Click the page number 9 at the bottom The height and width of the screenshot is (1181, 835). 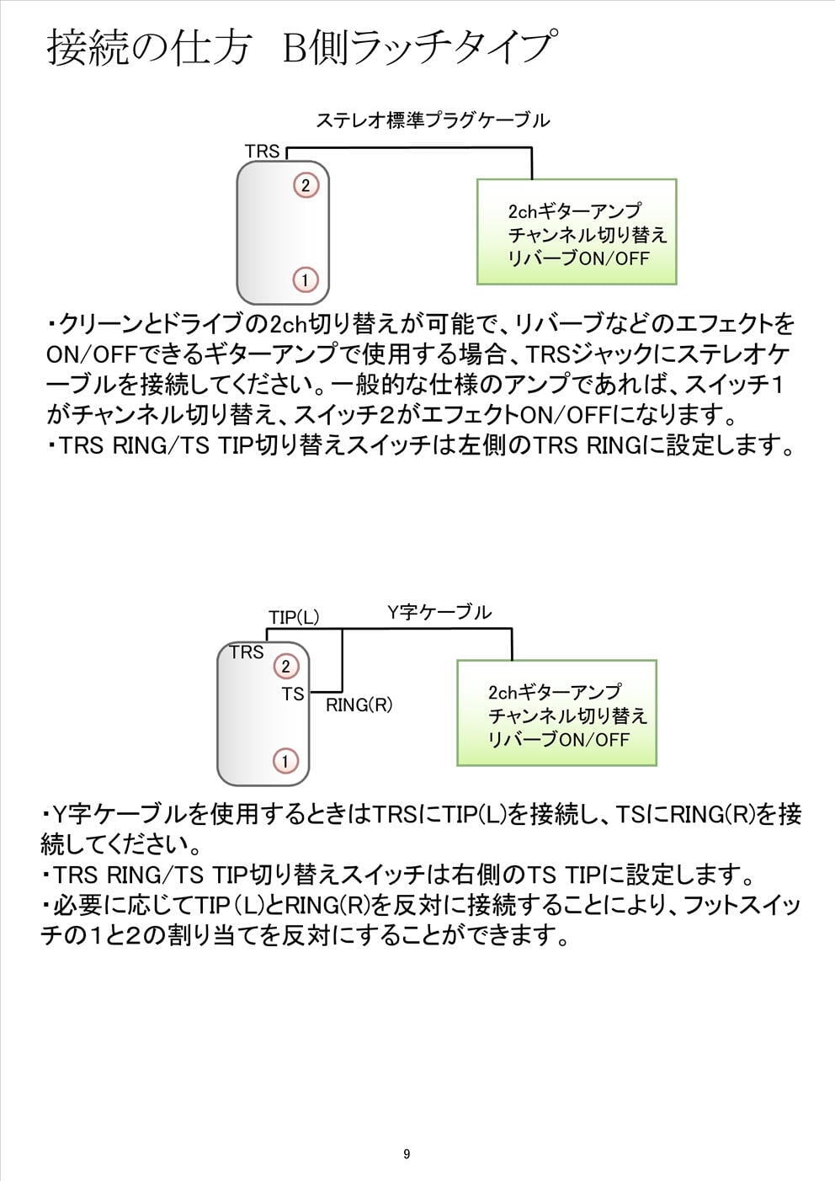click(x=407, y=1154)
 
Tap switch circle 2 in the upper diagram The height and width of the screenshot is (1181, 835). click(x=306, y=185)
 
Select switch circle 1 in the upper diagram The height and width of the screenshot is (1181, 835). click(x=306, y=279)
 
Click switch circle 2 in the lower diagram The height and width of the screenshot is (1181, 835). click(x=285, y=667)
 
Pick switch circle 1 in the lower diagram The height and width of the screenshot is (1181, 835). click(x=285, y=761)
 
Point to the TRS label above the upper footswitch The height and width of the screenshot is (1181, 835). click(x=262, y=152)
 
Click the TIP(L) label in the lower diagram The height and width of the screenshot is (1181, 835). click(x=294, y=617)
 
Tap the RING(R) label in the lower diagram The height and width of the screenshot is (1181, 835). click(x=359, y=705)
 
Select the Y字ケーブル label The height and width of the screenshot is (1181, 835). click(x=439, y=612)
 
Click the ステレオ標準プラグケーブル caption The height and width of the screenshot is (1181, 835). click(x=433, y=120)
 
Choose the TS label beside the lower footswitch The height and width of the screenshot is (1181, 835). click(x=293, y=694)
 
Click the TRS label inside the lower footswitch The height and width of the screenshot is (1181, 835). click(x=246, y=652)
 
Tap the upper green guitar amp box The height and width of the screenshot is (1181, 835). click(x=577, y=232)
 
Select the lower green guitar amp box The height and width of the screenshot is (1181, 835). click(x=556, y=713)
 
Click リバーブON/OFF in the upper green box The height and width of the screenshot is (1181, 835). click(x=579, y=258)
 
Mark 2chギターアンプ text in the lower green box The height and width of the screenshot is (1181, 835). click(x=555, y=692)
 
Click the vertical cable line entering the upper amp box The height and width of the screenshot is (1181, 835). click(x=532, y=163)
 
